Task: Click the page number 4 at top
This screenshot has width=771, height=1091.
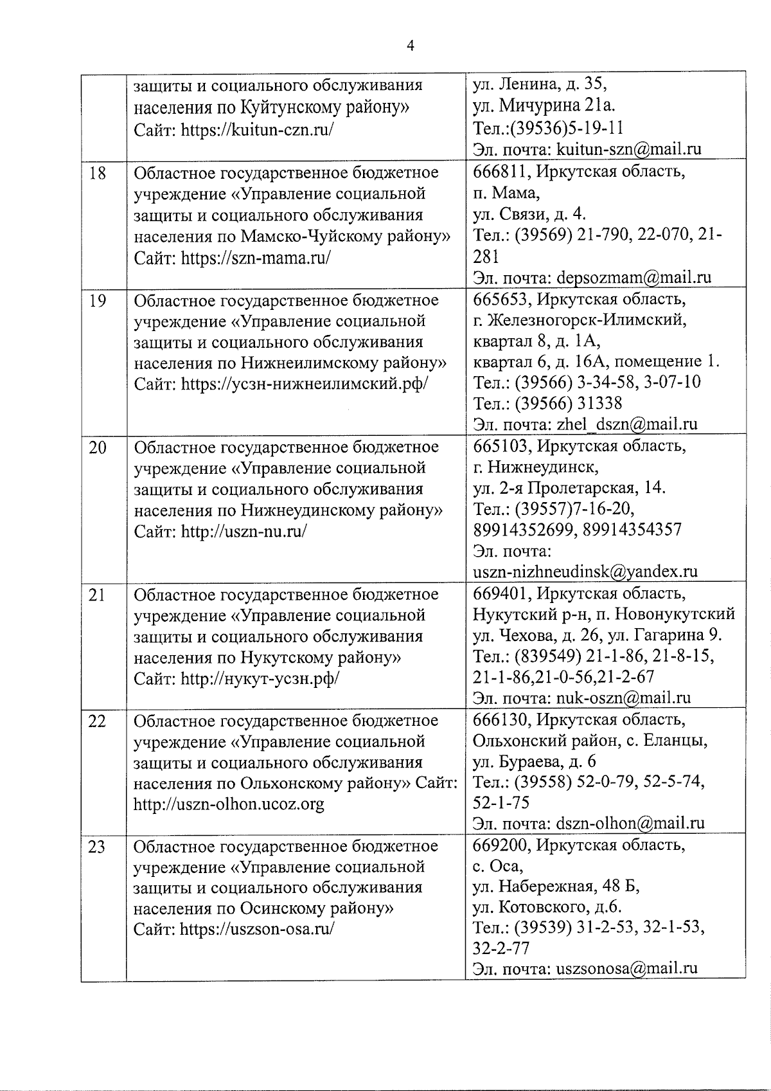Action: coord(411,45)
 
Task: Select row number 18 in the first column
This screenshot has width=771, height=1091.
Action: coord(97,173)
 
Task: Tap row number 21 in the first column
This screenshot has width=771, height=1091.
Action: coord(97,595)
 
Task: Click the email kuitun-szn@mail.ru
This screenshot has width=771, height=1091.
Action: coord(628,150)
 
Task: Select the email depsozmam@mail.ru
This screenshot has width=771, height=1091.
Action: coord(634,278)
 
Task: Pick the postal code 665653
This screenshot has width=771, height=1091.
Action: coord(501,299)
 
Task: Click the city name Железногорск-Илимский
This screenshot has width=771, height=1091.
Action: coord(588,320)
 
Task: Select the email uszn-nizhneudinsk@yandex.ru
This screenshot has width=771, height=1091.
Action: coord(585,571)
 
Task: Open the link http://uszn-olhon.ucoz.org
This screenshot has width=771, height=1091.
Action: coord(229,804)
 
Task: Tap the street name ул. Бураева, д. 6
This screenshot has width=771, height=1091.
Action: coord(534,762)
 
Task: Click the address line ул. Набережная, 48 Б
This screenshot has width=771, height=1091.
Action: coord(556,887)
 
